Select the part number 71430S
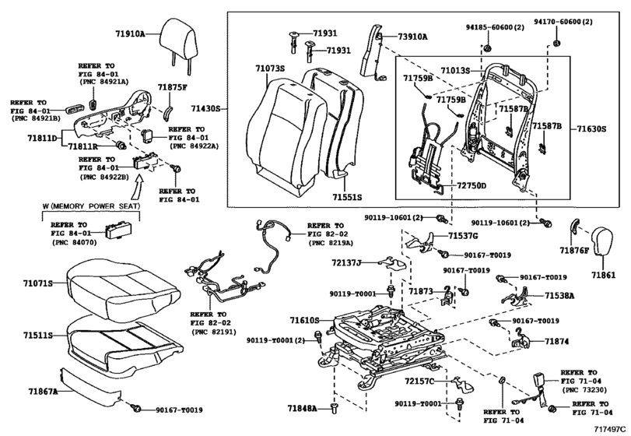205,109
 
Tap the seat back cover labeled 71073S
286,137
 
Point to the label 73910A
412,37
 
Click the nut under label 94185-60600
486,48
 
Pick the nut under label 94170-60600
557,43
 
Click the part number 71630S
591,129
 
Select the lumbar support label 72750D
471,185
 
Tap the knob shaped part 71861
601,241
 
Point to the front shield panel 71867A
90,385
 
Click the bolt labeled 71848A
334,407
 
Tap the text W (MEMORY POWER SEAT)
91,206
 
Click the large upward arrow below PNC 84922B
138,189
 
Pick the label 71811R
82,146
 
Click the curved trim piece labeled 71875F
168,112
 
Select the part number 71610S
305,321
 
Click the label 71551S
347,197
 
